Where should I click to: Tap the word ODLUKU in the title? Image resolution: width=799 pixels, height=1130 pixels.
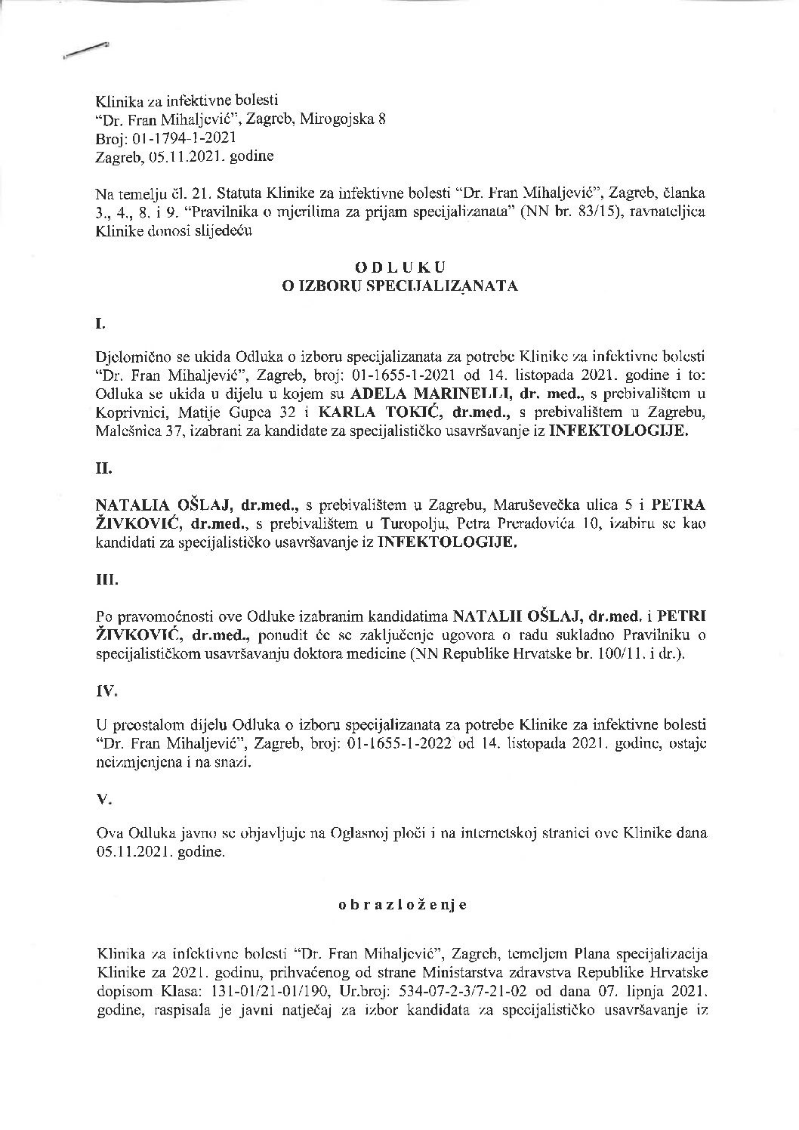point(401,267)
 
